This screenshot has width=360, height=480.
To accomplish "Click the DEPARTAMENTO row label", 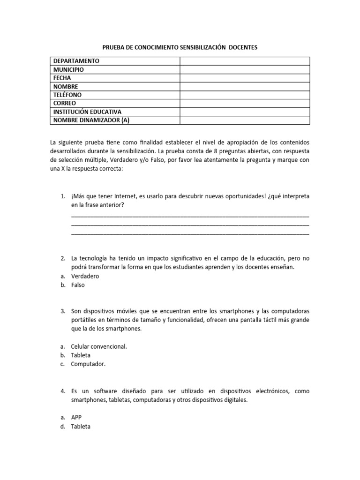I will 76,61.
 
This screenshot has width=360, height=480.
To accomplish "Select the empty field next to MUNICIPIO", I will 244,69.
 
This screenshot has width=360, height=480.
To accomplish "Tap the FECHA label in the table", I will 62,78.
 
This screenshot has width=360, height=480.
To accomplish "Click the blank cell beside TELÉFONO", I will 244,95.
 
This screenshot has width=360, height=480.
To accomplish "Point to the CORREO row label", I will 64,103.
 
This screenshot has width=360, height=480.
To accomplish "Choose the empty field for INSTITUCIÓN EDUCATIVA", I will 244,112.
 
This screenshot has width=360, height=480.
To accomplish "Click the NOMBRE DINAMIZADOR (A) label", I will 91,120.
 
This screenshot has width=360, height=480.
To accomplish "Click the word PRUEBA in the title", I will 112,47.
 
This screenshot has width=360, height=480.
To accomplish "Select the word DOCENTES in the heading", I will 240,47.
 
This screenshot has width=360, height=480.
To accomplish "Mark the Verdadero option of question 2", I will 85,276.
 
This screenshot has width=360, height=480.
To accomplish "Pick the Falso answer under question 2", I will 78,285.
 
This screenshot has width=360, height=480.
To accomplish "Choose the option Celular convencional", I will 99,346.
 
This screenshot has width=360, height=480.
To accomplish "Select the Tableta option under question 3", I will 81,355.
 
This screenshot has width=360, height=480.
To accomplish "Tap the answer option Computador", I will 89,364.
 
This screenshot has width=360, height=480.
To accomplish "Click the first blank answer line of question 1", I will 190,216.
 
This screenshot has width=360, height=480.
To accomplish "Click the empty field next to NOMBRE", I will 244,86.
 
